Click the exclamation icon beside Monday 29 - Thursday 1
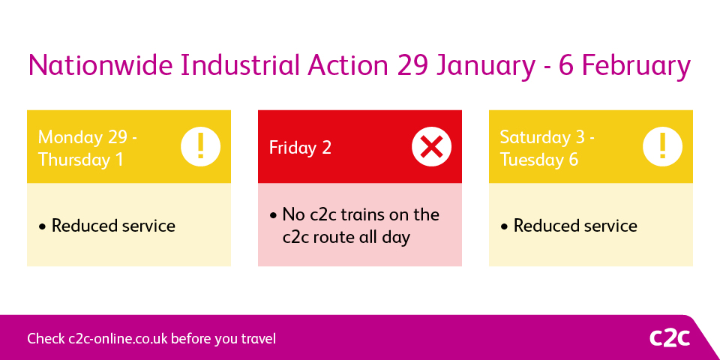pos(200,146)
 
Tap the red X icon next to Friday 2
pos(431,146)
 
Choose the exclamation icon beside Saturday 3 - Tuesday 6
pos(662,146)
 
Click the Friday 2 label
pos(300,148)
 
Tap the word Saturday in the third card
pos(535,137)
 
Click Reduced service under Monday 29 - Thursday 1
pos(113,226)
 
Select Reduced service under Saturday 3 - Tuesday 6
pos(575,226)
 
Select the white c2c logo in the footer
pos(669,338)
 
